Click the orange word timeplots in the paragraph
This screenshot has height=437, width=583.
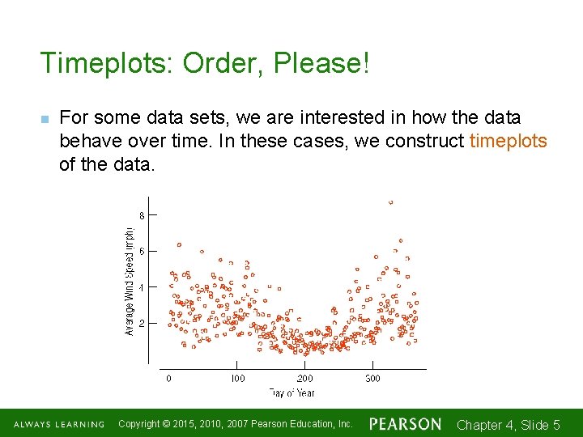pyautogui.click(x=509, y=142)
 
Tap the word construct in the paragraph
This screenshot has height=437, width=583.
pyautogui.click(x=424, y=142)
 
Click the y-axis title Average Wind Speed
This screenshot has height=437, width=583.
pyautogui.click(x=130, y=280)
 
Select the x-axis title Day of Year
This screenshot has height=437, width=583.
pyautogui.click(x=292, y=393)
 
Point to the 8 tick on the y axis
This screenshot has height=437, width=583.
pyautogui.click(x=142, y=216)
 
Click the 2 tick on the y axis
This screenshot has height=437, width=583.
pyautogui.click(x=142, y=323)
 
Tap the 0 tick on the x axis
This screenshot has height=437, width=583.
pyautogui.click(x=168, y=378)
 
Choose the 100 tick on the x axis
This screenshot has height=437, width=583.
pyautogui.click(x=237, y=378)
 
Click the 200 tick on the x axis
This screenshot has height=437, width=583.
pyautogui.click(x=304, y=378)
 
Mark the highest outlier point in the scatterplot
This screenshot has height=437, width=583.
pyautogui.click(x=391, y=202)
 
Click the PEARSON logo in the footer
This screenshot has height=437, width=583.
pyautogui.click(x=405, y=424)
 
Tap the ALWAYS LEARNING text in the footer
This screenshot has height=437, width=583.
pyautogui.click(x=58, y=424)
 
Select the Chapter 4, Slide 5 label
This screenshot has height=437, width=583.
pyautogui.click(x=509, y=425)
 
